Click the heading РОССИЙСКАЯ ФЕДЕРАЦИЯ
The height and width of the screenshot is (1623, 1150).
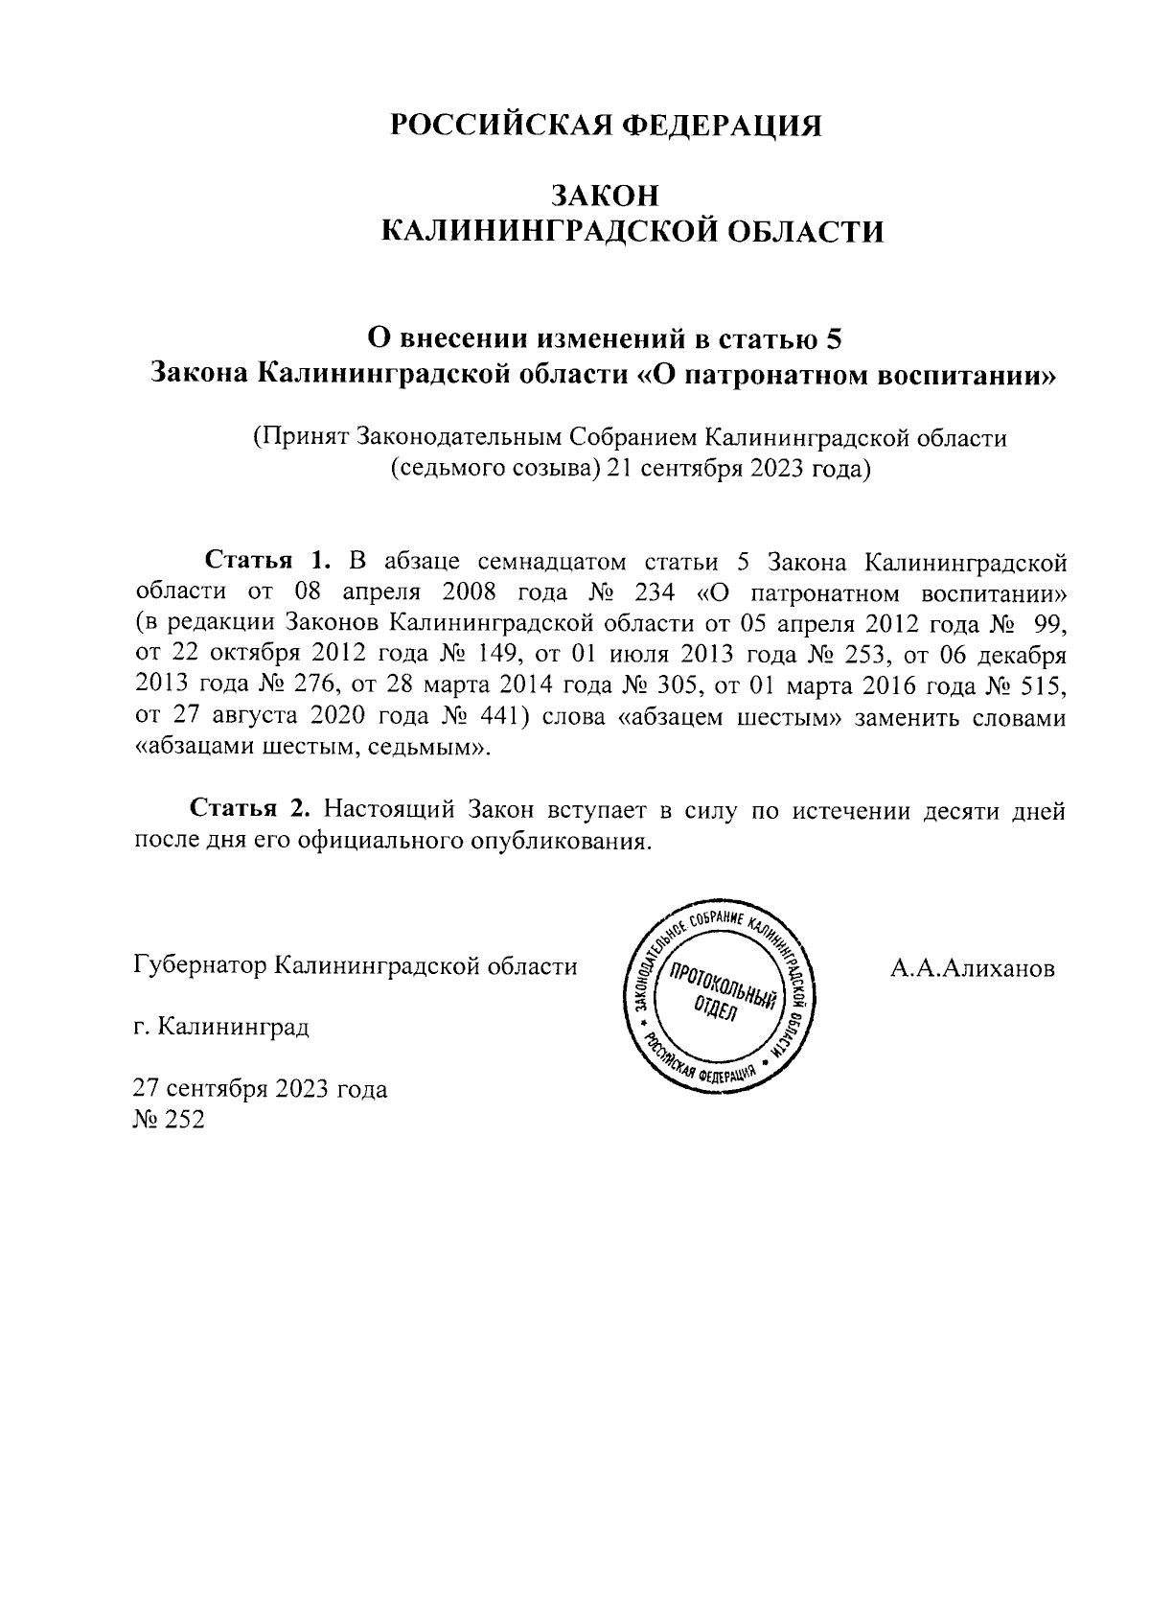click(606, 126)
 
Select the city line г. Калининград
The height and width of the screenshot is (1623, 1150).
click(221, 1029)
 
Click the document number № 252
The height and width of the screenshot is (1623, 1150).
click(169, 1120)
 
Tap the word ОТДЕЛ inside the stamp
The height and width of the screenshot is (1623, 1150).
click(714, 1009)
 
